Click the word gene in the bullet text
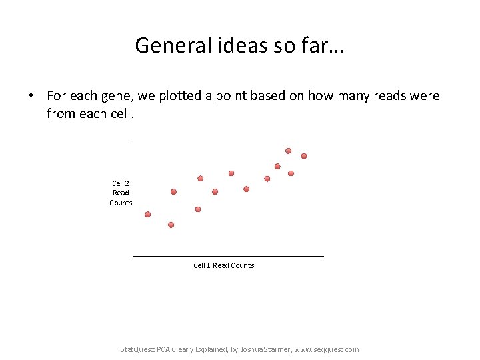pos(115,96)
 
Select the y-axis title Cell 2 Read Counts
pos(121,193)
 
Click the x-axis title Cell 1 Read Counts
pos(223,265)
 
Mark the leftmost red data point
pos(147,215)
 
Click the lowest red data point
pos(171,225)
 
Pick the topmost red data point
pos(288,151)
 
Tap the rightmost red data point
pos(304,156)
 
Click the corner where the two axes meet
pos(133,255)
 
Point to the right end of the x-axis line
pos(323,255)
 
